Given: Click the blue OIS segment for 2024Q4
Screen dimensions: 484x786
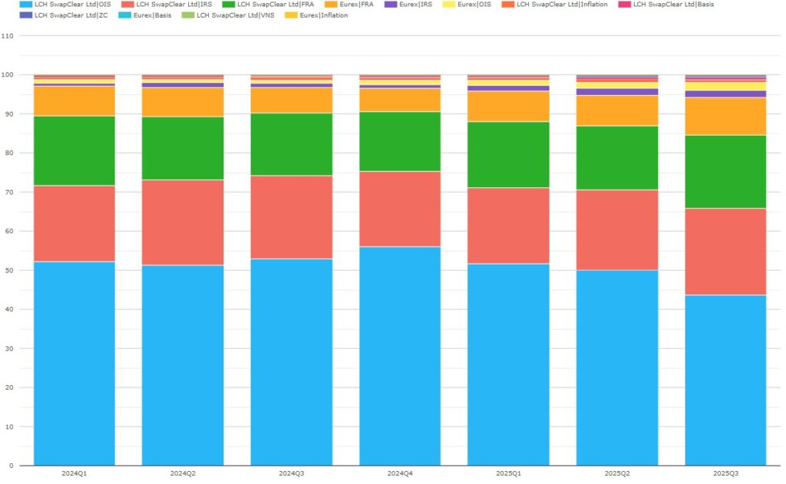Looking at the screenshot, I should [400, 356].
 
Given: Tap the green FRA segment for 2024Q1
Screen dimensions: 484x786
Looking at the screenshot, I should [74, 151].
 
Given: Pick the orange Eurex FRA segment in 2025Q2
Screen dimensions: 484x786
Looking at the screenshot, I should [617, 110].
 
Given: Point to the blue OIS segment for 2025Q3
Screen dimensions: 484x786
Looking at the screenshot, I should [725, 380].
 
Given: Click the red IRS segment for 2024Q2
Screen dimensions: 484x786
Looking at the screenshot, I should [183, 222].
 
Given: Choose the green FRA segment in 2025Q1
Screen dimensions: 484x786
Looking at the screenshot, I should [508, 154].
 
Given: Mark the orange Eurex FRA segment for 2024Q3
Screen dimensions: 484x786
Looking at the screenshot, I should [292, 100].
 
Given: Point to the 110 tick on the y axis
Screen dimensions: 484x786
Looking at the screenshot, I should [8, 36].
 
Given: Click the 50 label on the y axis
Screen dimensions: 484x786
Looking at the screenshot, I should [8, 270].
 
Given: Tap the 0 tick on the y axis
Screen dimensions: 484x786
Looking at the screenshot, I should [10, 466].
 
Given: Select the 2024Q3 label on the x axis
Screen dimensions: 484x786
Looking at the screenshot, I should [292, 473].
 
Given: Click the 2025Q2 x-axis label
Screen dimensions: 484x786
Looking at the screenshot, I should [617, 473].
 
